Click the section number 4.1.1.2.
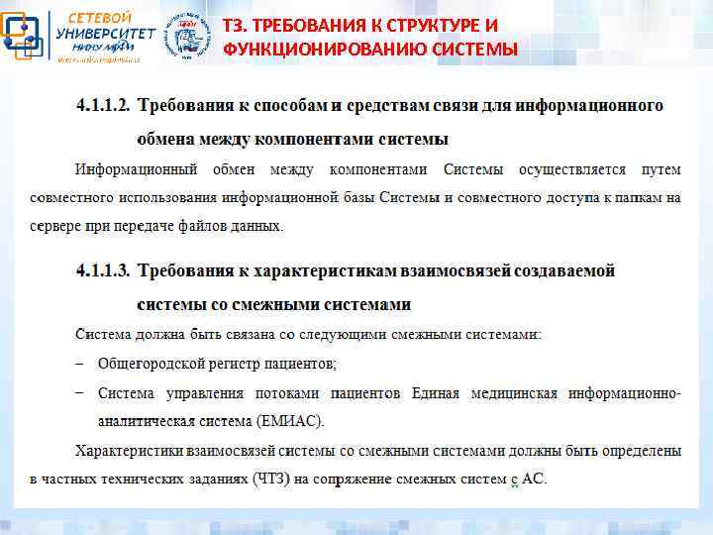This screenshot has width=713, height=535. pyautogui.click(x=103, y=104)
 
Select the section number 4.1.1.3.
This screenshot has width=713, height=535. pyautogui.click(x=103, y=269)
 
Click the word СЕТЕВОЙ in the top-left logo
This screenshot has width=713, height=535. pyautogui.click(x=97, y=17)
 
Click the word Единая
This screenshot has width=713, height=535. pyautogui.click(x=435, y=393)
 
